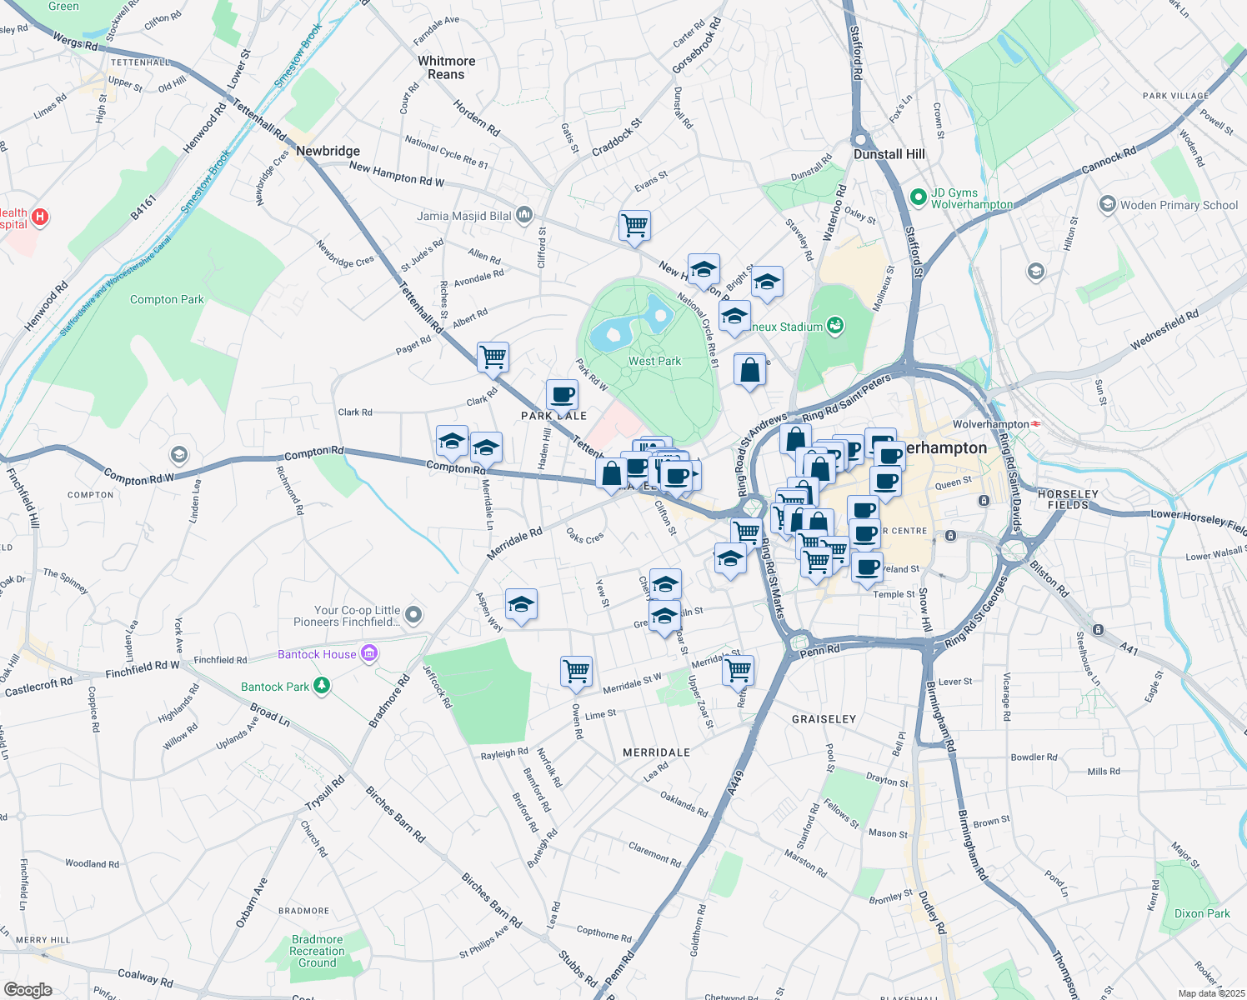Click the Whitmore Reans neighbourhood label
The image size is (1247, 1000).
pyautogui.click(x=446, y=67)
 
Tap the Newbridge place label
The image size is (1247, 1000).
pyautogui.click(x=328, y=151)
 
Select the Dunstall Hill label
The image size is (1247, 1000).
pyautogui.click(x=889, y=154)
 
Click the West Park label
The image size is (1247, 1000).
pyautogui.click(x=654, y=361)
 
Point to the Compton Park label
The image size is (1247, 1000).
pyautogui.click(x=167, y=299)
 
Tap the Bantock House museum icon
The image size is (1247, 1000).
pyautogui.click(x=370, y=654)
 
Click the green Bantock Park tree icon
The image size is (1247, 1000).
pyautogui.click(x=321, y=686)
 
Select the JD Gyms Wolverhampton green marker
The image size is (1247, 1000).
pyautogui.click(x=918, y=197)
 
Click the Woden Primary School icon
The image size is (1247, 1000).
pyautogui.click(x=1107, y=204)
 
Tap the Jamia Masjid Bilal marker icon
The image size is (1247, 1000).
pyautogui.click(x=523, y=215)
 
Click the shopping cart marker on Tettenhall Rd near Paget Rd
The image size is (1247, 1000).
pyautogui.click(x=493, y=357)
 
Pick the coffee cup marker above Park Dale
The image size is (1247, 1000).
pyautogui.click(x=562, y=393)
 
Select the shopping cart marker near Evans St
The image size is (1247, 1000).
pyautogui.click(x=634, y=224)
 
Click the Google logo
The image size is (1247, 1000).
pyautogui.click(x=28, y=989)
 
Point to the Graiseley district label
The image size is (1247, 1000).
pyautogui.click(x=824, y=718)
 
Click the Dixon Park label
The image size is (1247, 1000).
pyautogui.click(x=1201, y=913)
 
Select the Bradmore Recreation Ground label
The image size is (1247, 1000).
pyautogui.click(x=317, y=951)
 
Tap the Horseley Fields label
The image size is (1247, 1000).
pyautogui.click(x=1068, y=499)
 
